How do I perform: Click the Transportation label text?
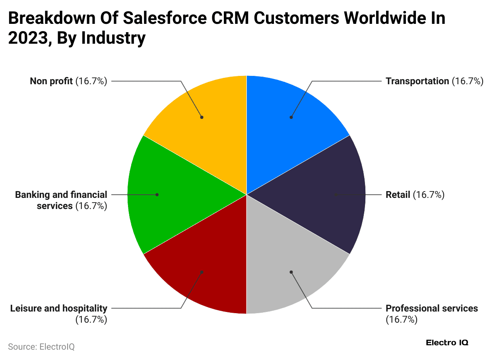[417, 81]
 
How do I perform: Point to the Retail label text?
[398, 195]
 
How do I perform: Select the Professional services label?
[432, 308]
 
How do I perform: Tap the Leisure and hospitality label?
[59, 308]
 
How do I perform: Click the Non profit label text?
[51, 81]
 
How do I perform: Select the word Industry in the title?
[114, 39]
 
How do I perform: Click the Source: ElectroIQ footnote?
[41, 346]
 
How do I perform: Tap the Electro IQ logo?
[447, 343]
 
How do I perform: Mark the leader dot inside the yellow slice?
[202, 117]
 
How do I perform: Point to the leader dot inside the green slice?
[157, 195]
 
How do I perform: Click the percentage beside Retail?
[429, 195]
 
